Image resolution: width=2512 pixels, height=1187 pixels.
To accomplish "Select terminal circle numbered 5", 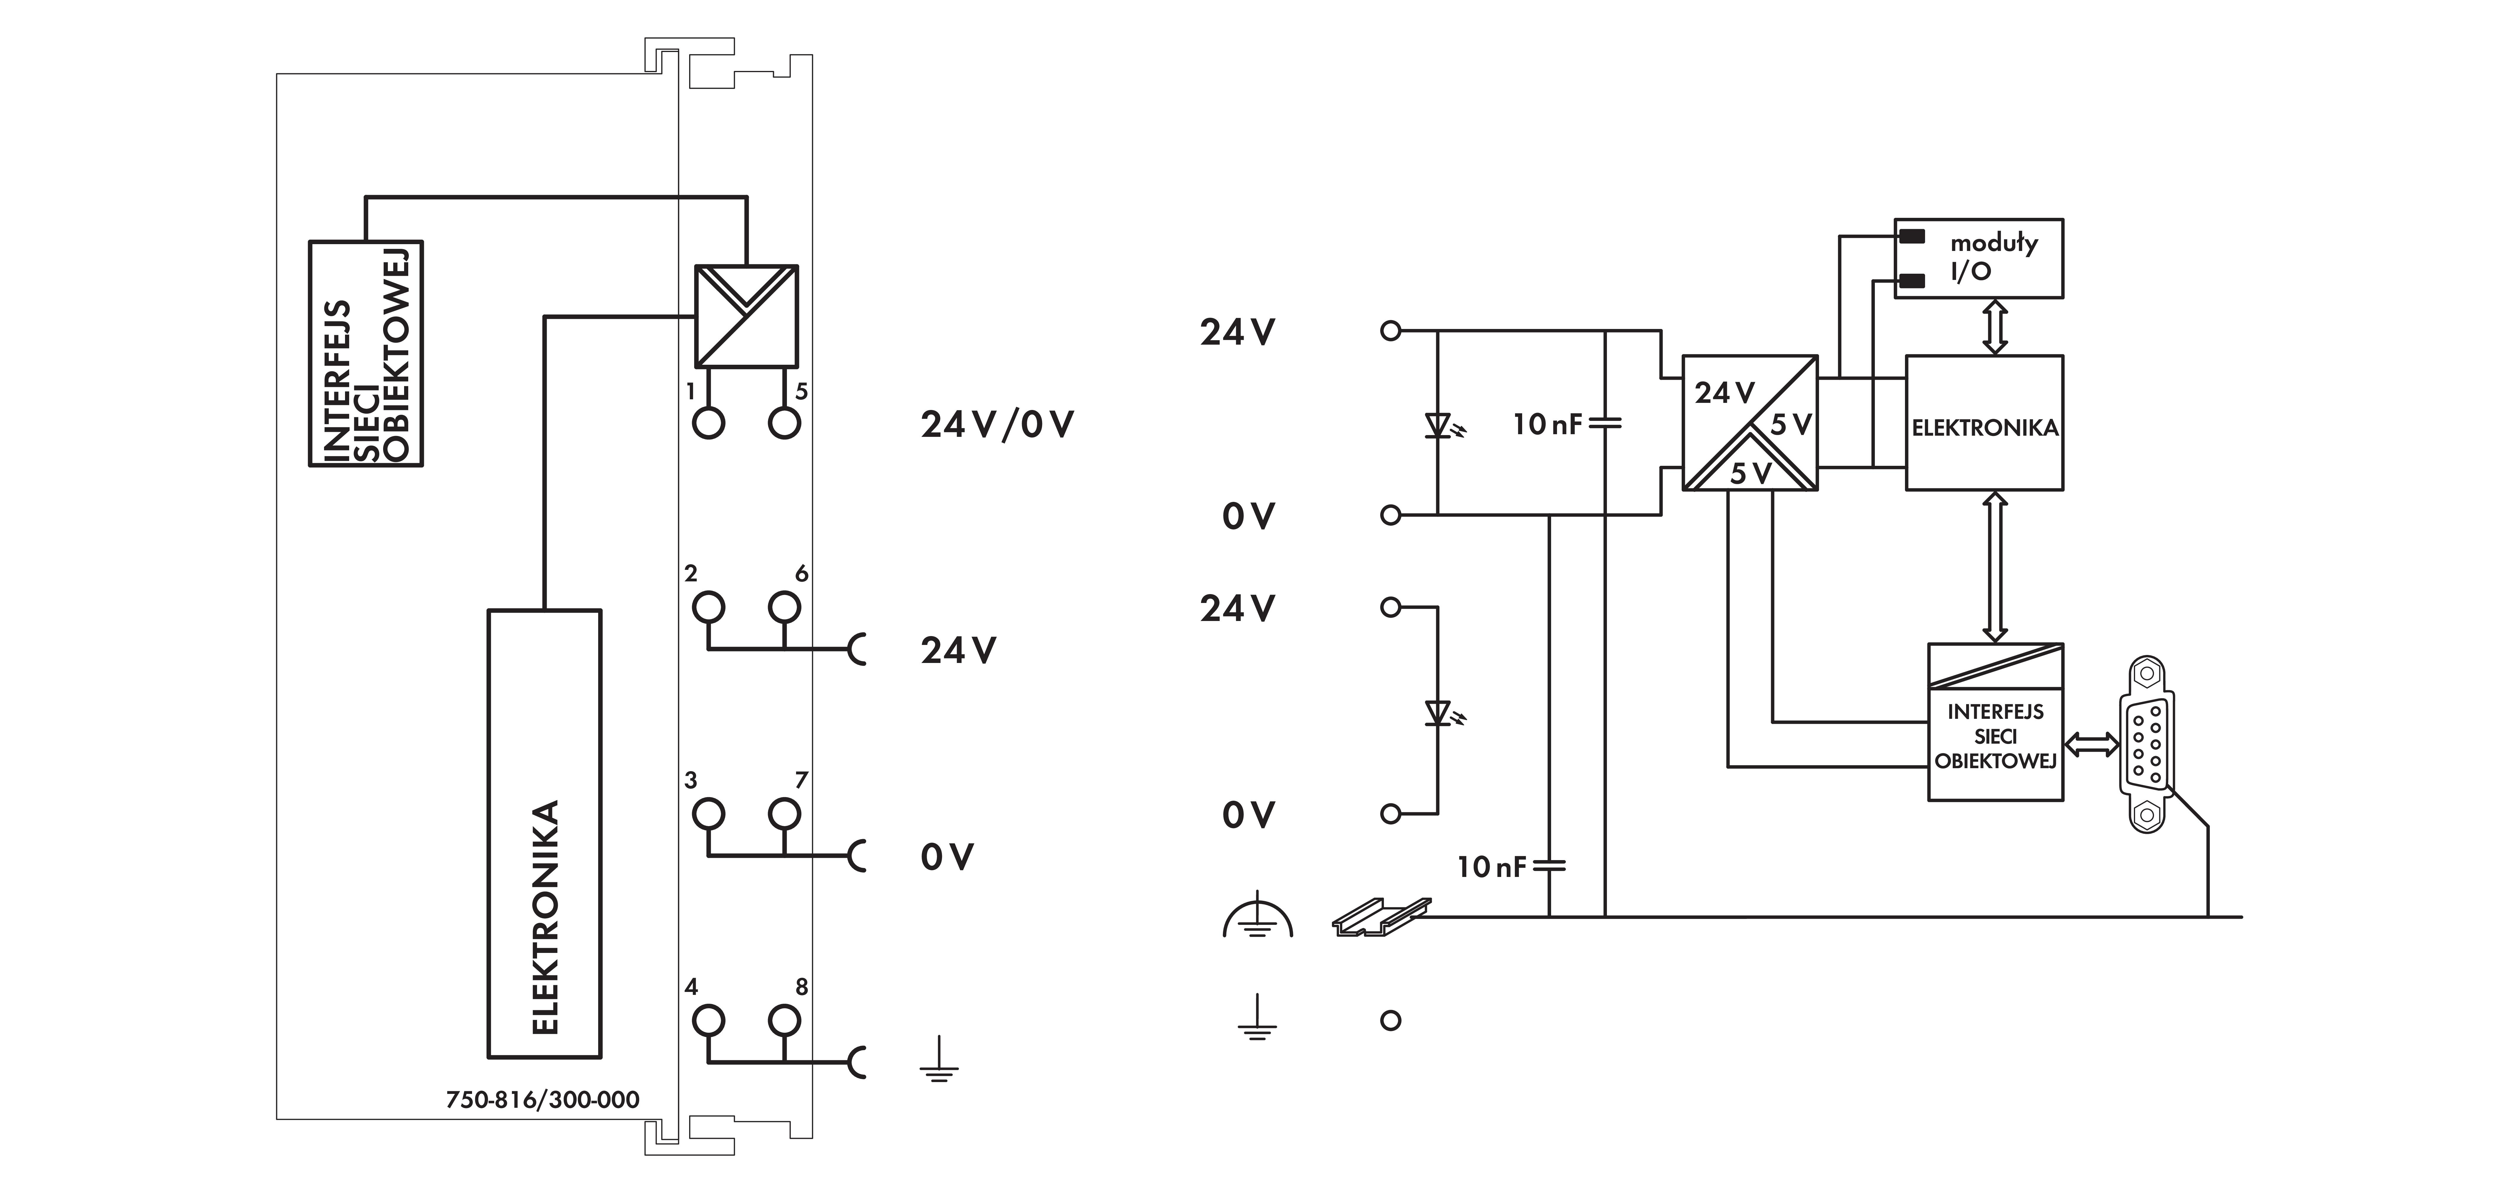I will (x=784, y=423).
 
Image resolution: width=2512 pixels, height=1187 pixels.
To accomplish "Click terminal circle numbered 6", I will (x=784, y=607).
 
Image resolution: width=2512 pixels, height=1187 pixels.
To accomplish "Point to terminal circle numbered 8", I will (x=784, y=1020).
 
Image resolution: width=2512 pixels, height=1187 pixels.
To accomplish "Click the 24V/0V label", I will (x=997, y=424).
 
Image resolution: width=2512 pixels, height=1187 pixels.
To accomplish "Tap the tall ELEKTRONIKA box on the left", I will (x=544, y=834).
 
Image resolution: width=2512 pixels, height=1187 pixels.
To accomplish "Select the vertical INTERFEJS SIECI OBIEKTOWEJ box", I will (x=366, y=353).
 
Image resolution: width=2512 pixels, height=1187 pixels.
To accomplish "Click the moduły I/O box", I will (x=1979, y=257).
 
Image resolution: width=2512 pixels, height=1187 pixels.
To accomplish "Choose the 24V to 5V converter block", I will (x=1749, y=422).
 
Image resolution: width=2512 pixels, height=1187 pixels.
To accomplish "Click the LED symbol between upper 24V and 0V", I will (x=1439, y=425).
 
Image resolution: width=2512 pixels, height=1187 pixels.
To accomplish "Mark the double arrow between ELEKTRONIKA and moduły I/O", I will (x=1995, y=326).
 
